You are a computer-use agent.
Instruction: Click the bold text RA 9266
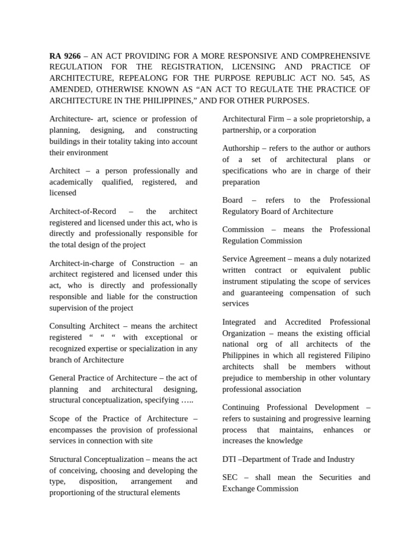point(65,56)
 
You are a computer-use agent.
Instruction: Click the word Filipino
point(357,355)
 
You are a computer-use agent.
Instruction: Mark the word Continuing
point(242,407)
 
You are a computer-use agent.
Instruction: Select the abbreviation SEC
point(230,478)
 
